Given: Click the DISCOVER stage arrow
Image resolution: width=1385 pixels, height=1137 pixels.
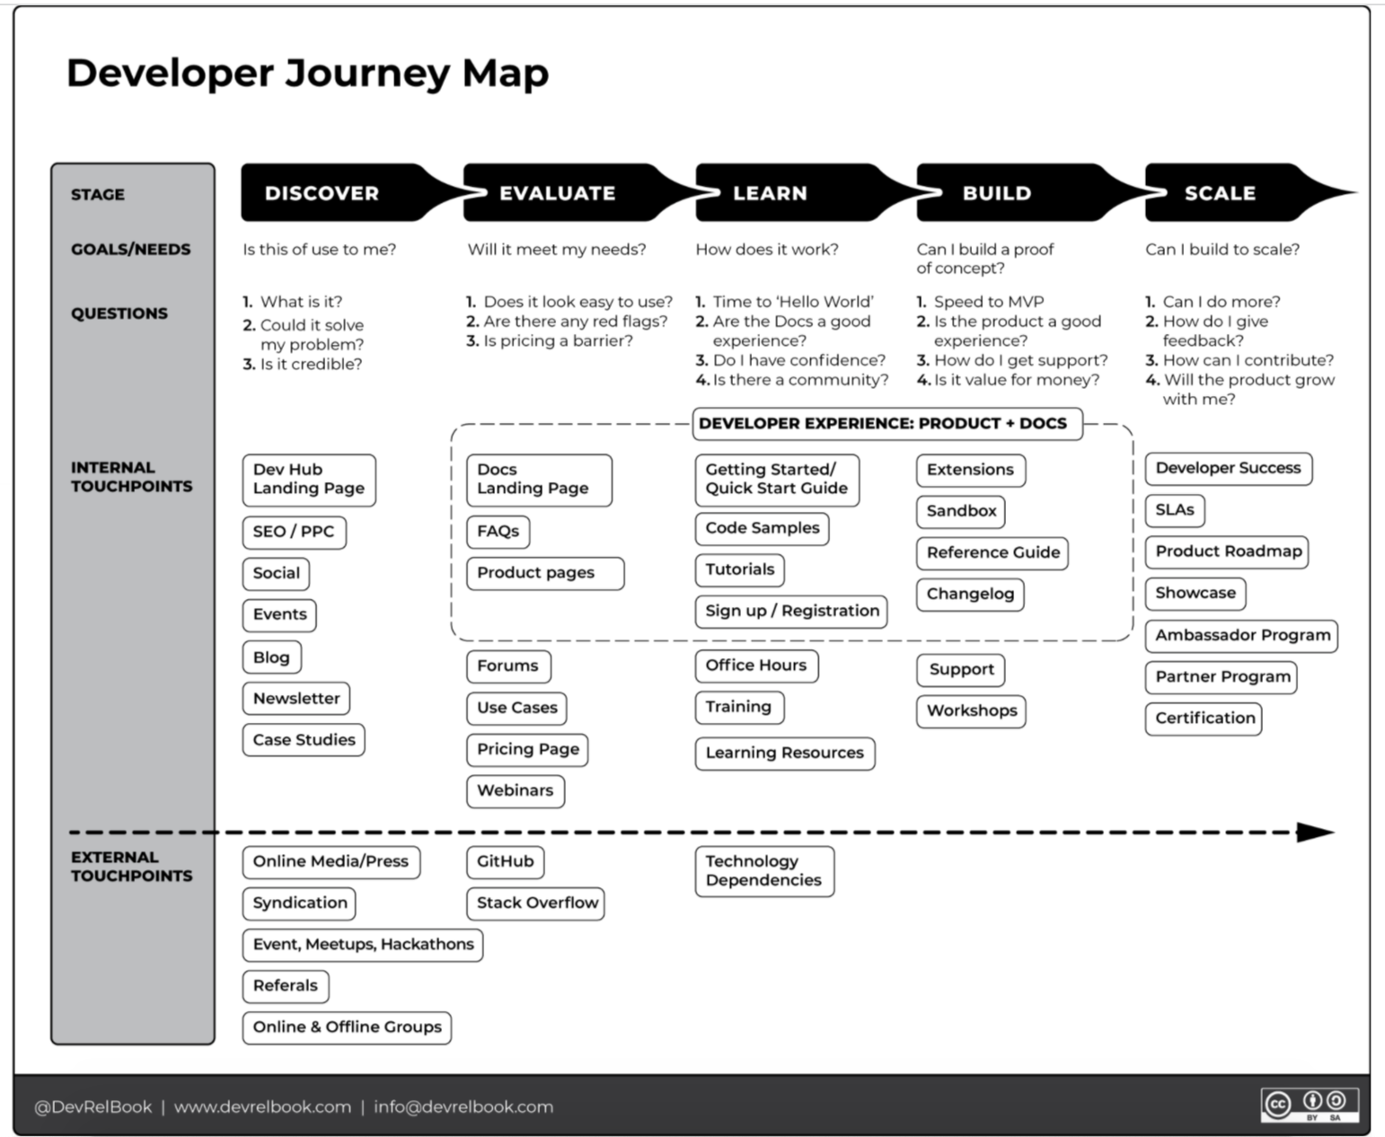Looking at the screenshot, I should tap(341, 193).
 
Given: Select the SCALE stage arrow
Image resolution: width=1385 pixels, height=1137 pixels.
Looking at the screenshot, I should tap(1231, 193).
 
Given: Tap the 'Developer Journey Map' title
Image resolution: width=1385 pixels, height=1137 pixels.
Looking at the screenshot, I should tap(307, 73).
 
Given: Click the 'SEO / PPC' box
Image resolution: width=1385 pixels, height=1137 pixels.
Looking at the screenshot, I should tap(294, 532).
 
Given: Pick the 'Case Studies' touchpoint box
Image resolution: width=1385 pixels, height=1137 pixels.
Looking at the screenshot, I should tap(304, 740).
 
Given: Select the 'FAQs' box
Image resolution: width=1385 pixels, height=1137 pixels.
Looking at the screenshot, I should tap(498, 532).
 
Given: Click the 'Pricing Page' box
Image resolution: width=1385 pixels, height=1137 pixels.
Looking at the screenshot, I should tap(527, 749).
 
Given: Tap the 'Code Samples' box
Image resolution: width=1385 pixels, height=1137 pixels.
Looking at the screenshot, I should tap(762, 528).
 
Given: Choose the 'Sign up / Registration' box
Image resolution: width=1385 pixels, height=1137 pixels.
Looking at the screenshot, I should tap(791, 611).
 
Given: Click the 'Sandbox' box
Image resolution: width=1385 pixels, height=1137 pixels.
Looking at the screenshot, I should tap(961, 511).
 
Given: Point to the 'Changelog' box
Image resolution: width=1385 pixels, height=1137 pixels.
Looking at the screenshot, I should tap(970, 594).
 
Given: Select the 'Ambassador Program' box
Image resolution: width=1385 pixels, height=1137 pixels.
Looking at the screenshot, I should tap(1241, 635).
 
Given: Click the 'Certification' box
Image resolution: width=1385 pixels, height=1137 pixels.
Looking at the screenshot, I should tap(1204, 718).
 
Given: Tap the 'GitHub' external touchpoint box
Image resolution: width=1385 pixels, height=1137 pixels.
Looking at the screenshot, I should tap(505, 861).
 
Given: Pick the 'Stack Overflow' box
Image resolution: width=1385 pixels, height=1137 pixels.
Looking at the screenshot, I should tap(536, 903).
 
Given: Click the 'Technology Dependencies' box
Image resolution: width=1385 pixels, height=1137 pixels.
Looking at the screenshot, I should tap(763, 871).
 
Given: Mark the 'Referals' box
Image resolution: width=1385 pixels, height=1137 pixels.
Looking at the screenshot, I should tap(286, 985).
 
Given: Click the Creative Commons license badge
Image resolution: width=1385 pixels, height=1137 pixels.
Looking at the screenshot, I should tap(1310, 1105).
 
